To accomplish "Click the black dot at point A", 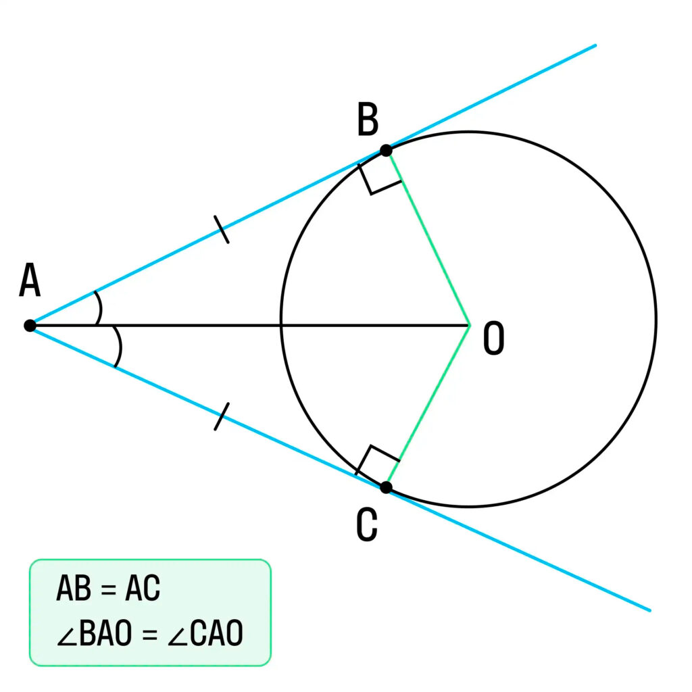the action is pyautogui.click(x=30, y=326).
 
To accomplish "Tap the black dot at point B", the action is pyautogui.click(x=386, y=151).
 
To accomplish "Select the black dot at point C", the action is pyautogui.click(x=386, y=487).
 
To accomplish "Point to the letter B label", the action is pyautogui.click(x=368, y=119).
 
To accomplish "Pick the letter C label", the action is pyautogui.click(x=367, y=524).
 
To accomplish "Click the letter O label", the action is pyautogui.click(x=494, y=338).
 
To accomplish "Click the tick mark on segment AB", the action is pyautogui.click(x=222, y=230).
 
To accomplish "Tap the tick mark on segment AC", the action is pyautogui.click(x=222, y=416).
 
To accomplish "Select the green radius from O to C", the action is pyautogui.click(x=428, y=406).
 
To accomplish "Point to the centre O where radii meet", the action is pyautogui.click(x=469, y=326).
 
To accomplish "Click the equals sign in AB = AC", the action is pyautogui.click(x=108, y=589).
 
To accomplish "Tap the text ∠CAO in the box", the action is pyautogui.click(x=205, y=633).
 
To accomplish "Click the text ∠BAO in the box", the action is pyautogui.click(x=95, y=633).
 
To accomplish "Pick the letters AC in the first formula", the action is pyautogui.click(x=143, y=588).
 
